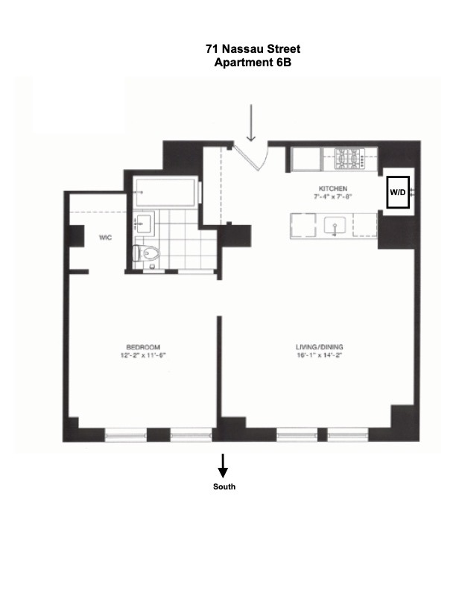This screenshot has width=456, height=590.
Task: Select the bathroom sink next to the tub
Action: tap(144, 223)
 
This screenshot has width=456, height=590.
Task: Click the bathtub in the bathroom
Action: tap(165, 192)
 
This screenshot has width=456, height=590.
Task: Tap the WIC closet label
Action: tap(105, 238)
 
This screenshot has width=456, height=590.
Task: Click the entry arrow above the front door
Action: tap(252, 122)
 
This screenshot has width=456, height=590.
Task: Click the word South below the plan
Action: tap(223, 486)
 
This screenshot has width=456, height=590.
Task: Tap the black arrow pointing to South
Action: tap(223, 466)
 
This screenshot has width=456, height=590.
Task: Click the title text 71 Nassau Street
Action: tap(253, 49)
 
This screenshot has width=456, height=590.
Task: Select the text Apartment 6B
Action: tap(253, 63)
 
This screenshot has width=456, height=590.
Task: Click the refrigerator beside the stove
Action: tap(305, 159)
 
